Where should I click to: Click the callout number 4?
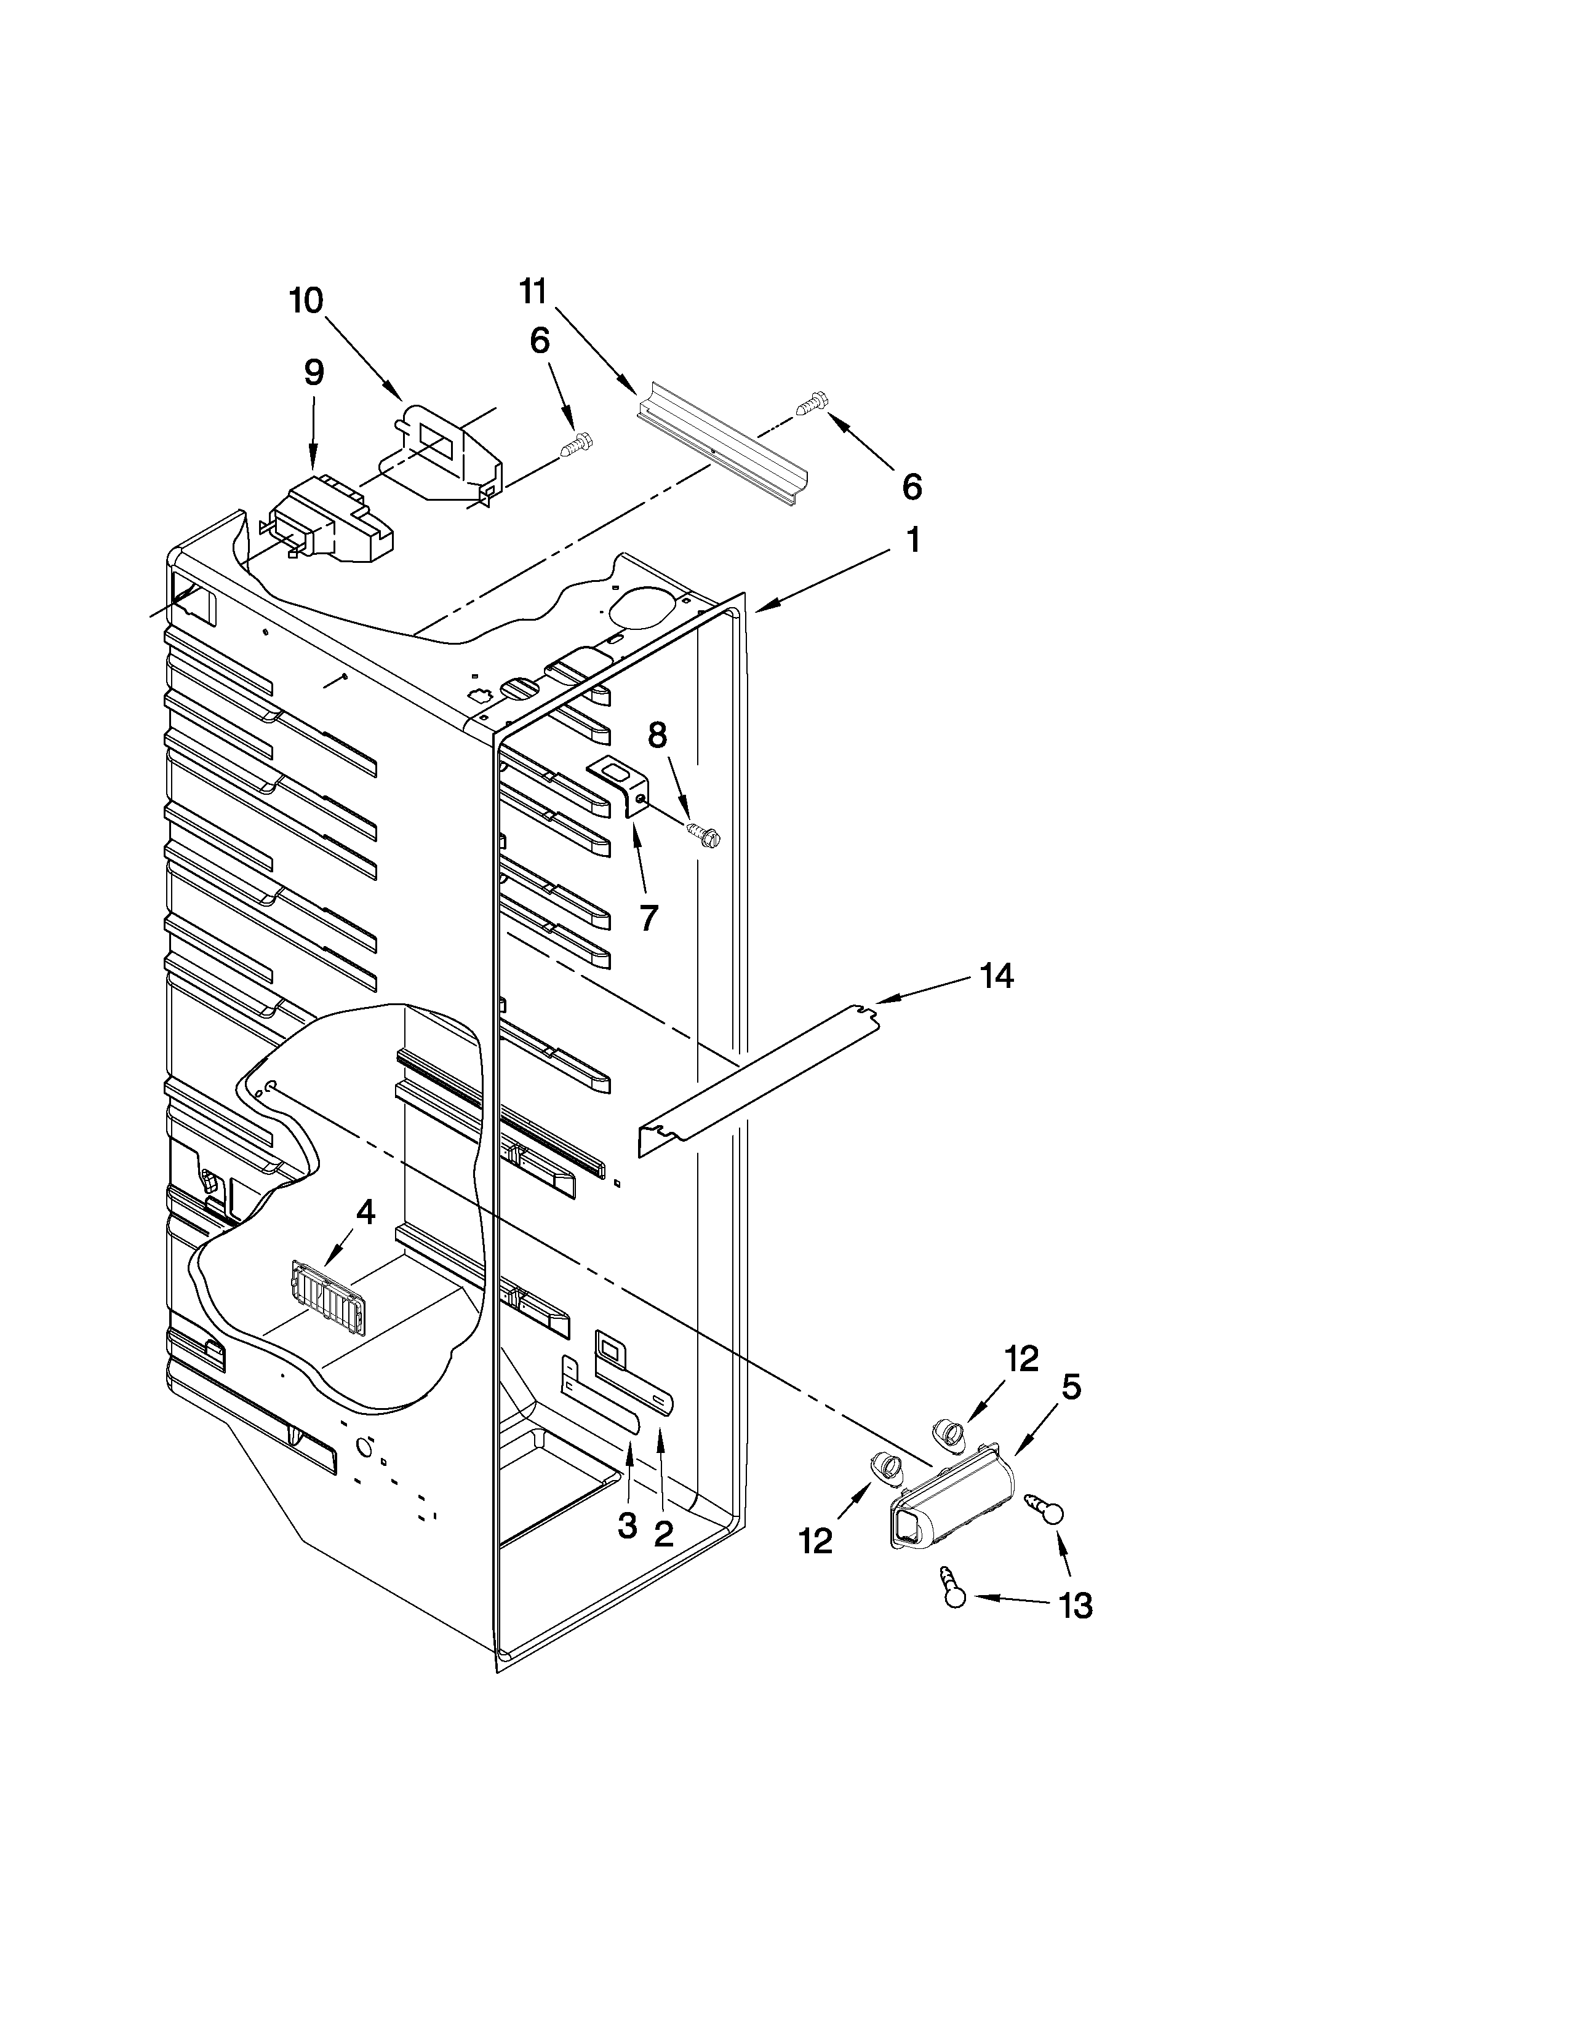pos(365,1211)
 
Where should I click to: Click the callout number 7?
pos(649,917)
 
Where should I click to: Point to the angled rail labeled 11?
pos(723,442)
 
